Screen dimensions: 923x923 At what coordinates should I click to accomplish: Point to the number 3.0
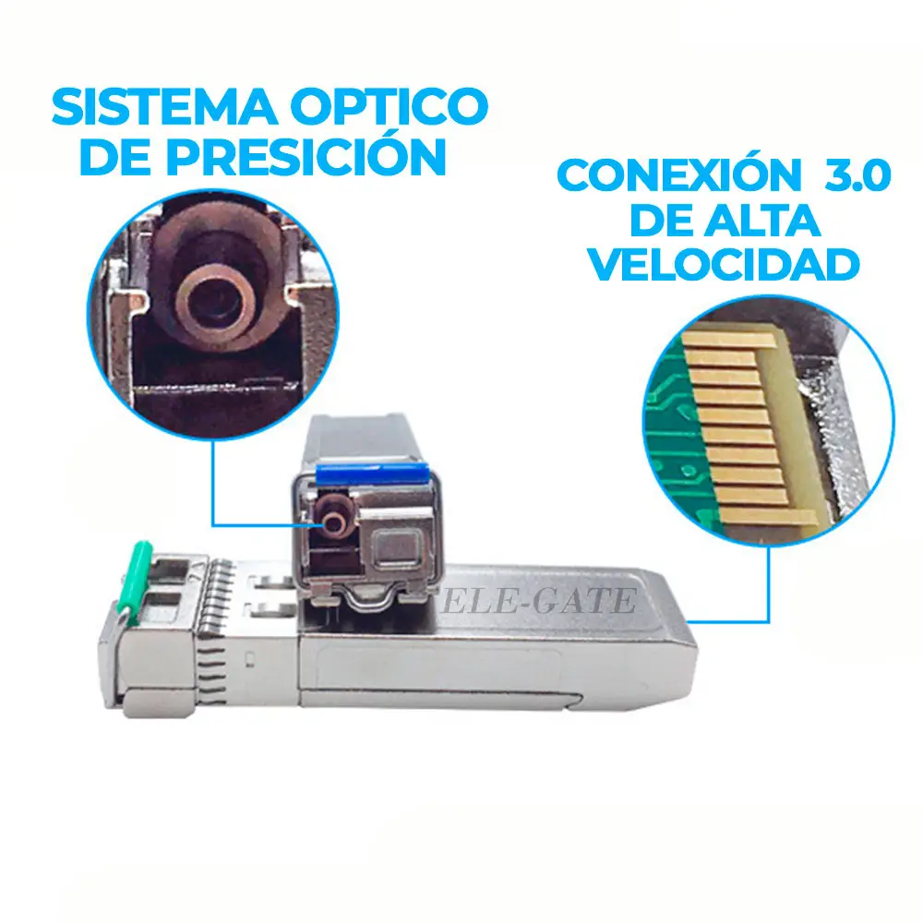tap(857, 174)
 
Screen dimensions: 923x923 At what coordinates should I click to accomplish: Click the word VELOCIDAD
tap(725, 265)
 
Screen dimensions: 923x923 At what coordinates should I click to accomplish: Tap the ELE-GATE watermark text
tap(538, 601)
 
